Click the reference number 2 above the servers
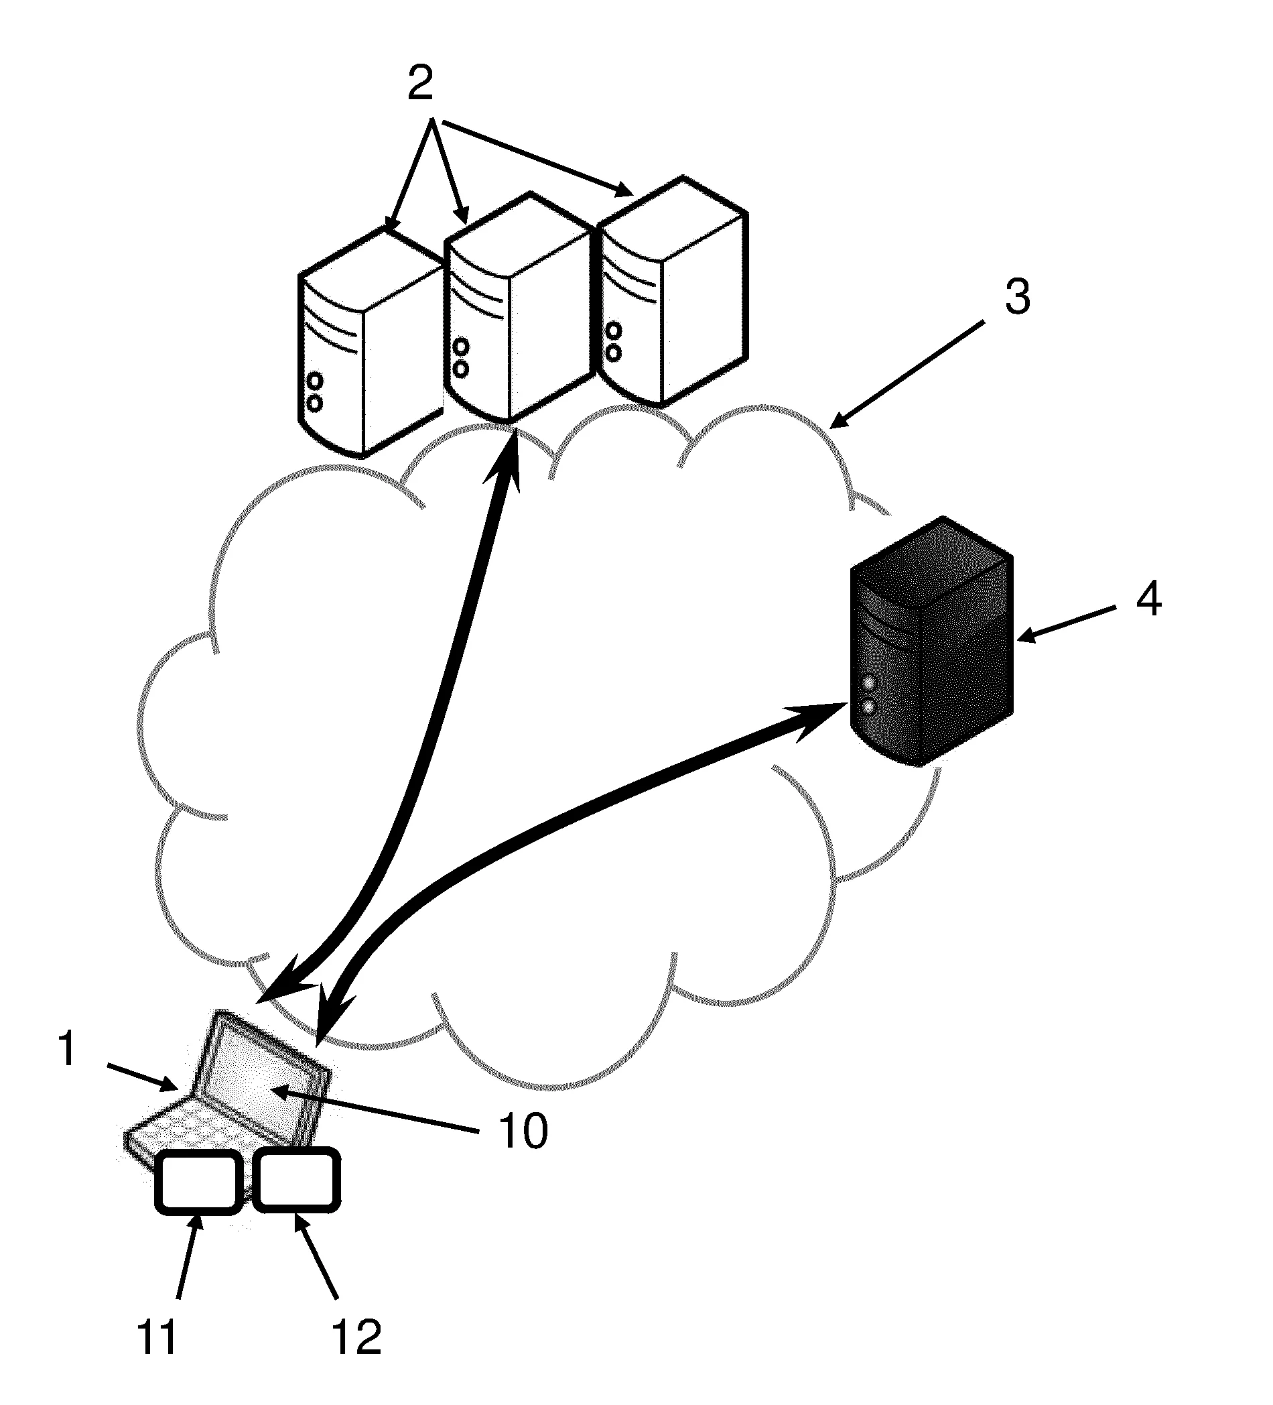(x=420, y=84)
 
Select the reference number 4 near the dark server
(x=1149, y=598)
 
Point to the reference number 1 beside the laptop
(x=67, y=1049)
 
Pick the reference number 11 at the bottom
(x=157, y=1337)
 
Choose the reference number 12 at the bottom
(x=356, y=1337)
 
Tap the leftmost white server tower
(x=369, y=341)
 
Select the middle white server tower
(x=516, y=306)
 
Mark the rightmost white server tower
(x=673, y=293)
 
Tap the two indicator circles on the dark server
(x=868, y=693)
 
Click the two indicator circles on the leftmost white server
(x=315, y=392)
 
